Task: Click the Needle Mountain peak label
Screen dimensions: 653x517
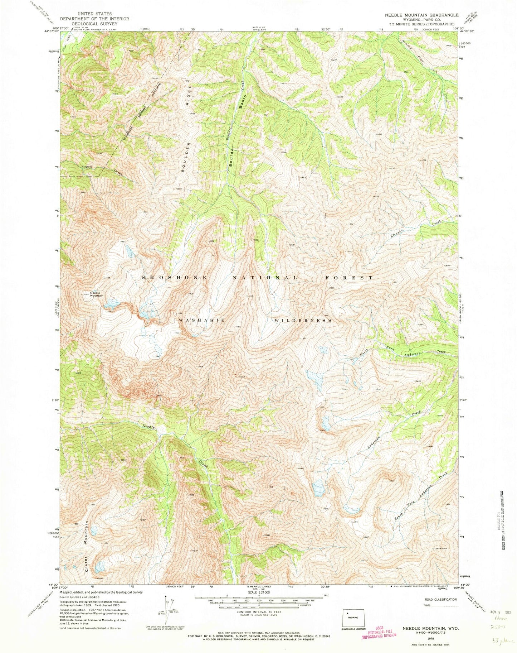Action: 97,293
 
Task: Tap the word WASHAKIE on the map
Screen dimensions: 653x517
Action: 202,320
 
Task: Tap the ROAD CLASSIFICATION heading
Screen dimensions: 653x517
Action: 440,599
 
